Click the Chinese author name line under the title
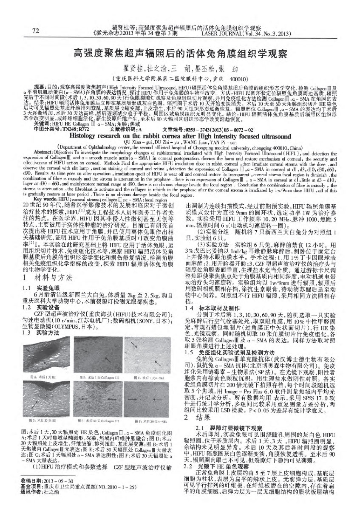coord(180,68)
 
